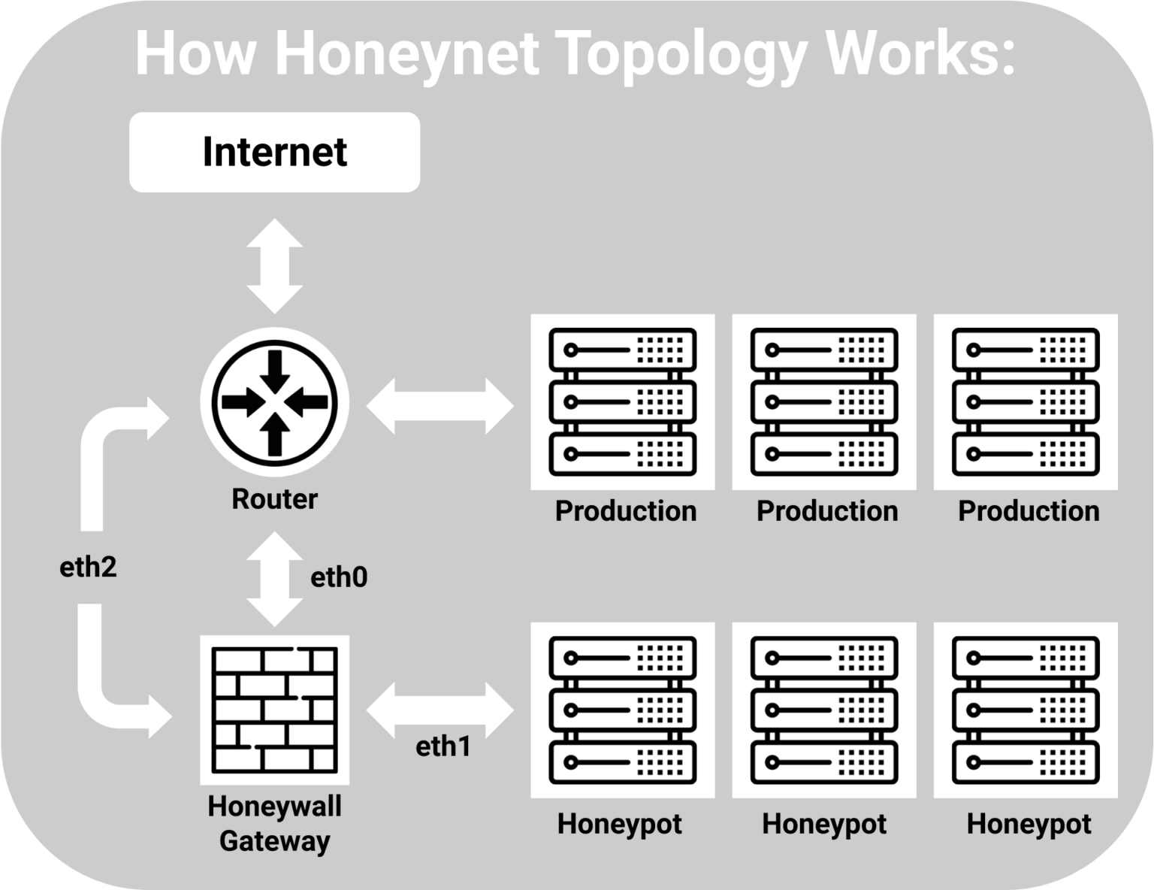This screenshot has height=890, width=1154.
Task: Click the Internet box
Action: [x=274, y=152]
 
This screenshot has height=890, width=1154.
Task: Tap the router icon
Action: [x=274, y=402]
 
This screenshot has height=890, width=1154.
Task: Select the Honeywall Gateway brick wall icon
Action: [x=274, y=710]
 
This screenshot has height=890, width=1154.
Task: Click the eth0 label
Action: [x=339, y=577]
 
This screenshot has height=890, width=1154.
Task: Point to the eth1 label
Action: [x=443, y=746]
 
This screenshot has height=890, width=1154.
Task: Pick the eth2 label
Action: [x=88, y=567]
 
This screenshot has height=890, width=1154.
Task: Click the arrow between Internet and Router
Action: [x=274, y=265]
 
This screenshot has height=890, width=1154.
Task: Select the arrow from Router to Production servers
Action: [x=440, y=406]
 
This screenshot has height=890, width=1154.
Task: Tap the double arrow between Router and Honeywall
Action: [x=274, y=579]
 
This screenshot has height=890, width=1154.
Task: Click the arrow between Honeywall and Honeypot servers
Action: [x=440, y=710]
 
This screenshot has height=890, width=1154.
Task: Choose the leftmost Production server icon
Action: [x=622, y=402]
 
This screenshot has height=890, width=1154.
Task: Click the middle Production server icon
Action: [x=824, y=402]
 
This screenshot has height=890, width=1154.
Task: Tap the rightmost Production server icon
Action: [x=1026, y=402]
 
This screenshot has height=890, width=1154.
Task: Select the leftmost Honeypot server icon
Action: [x=622, y=710]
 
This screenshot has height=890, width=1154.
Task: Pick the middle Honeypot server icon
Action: [x=824, y=710]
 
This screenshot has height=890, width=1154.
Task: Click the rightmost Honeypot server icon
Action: [x=1026, y=710]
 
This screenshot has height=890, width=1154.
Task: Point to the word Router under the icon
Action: [x=274, y=499]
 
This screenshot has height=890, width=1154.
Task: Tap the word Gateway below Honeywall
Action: [x=274, y=840]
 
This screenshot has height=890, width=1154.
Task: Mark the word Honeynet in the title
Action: [x=407, y=54]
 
